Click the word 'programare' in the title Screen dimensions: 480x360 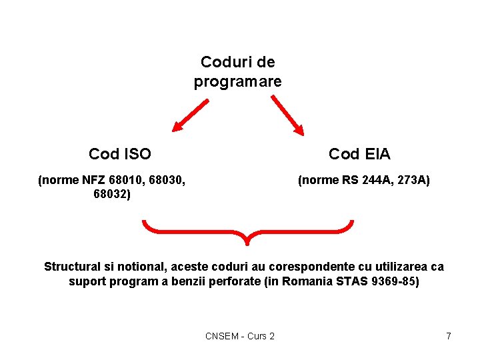pos(237,82)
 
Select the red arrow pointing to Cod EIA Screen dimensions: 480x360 pos(288,115)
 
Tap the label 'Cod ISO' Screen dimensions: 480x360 pos(120,154)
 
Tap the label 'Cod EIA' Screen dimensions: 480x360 pos(359,154)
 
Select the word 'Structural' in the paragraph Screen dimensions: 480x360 pos(73,267)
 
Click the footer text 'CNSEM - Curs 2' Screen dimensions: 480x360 pos(240,336)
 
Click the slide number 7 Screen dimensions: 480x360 pos(449,336)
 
